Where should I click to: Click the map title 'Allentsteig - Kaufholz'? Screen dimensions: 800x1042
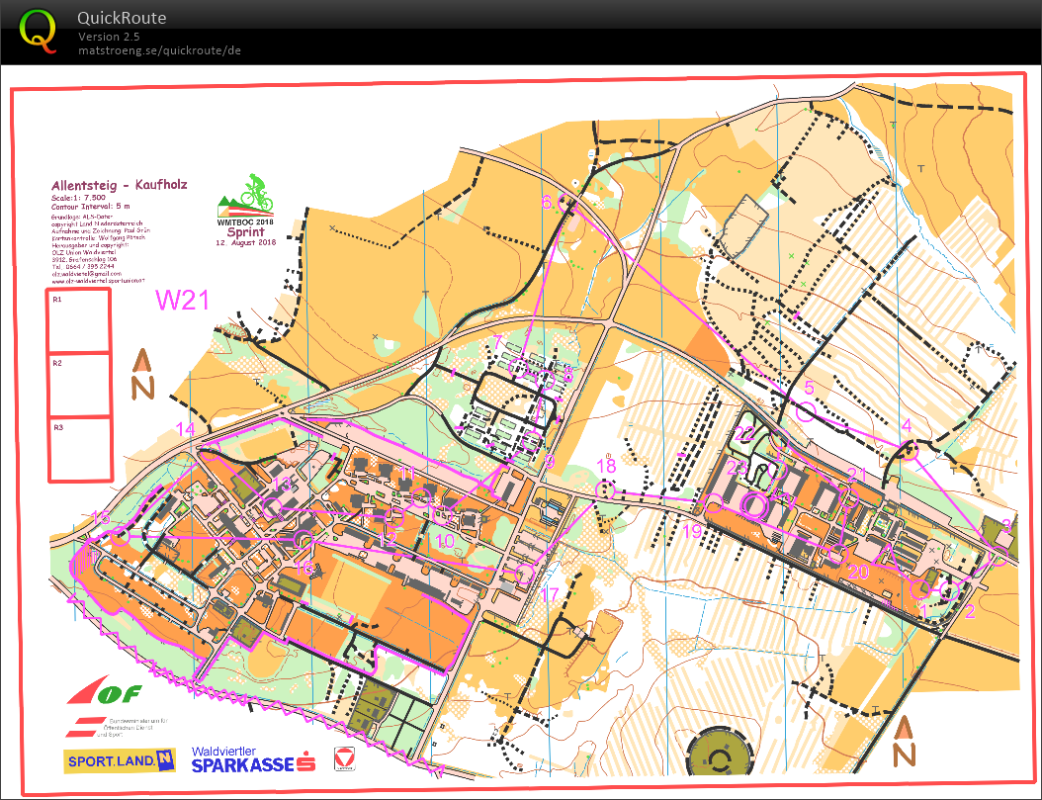click(x=120, y=185)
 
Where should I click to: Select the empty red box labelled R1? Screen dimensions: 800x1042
click(x=79, y=321)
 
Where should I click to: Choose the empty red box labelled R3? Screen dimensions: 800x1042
click(x=79, y=450)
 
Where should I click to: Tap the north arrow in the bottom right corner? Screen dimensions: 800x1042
click(x=903, y=742)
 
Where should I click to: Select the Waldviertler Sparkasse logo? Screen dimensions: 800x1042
click(x=253, y=759)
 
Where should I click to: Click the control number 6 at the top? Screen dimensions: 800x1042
click(x=546, y=201)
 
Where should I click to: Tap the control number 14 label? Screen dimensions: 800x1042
click(x=186, y=428)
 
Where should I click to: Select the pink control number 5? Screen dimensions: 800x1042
click(x=809, y=389)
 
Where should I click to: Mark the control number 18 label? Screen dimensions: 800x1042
click(x=606, y=466)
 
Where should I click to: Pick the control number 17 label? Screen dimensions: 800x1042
click(x=551, y=594)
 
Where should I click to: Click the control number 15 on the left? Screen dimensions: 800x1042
click(x=101, y=517)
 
